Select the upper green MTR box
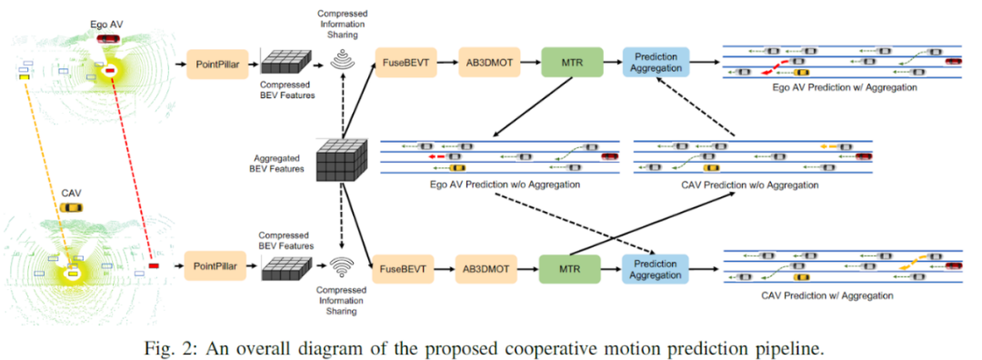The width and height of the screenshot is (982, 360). (x=571, y=62)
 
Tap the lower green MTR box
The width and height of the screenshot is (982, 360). (x=570, y=270)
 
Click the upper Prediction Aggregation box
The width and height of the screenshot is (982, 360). (x=656, y=62)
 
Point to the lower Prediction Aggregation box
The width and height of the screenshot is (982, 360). (x=655, y=270)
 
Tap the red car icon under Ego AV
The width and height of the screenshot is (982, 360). (x=107, y=39)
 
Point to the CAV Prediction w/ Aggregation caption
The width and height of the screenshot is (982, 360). (x=827, y=295)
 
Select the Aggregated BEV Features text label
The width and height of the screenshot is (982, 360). (x=280, y=164)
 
